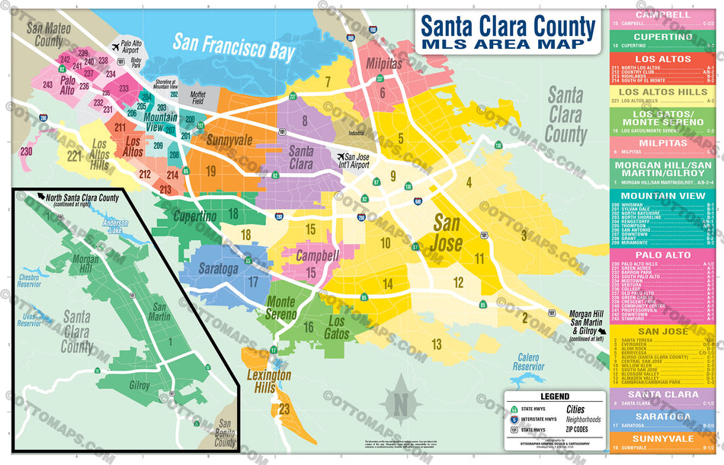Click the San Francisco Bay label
233,46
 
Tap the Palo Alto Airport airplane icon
115,47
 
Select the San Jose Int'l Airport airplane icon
340,157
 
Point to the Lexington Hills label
268,381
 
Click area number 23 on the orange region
284,409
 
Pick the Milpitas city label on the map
384,65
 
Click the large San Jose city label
447,233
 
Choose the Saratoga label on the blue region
219,269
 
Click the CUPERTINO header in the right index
663,37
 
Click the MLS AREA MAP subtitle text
507,44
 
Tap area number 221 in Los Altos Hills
74,157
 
